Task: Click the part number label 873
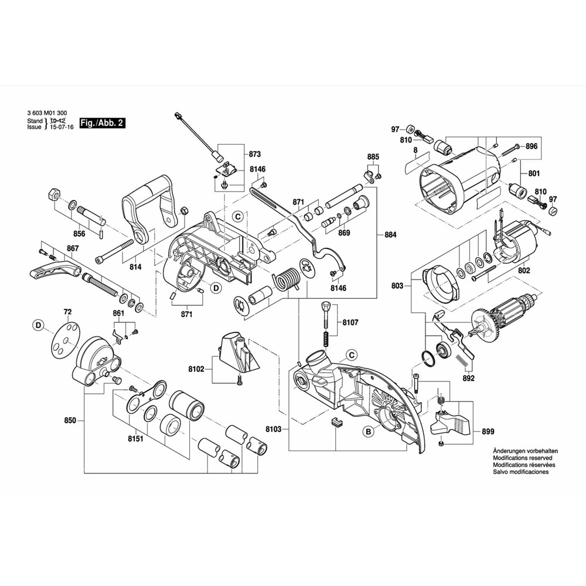[x=254, y=155]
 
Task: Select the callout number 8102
[x=196, y=369]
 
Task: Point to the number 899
[x=488, y=431]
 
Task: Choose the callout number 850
[x=70, y=421]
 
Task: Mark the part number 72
[x=67, y=312]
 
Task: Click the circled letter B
[x=369, y=432]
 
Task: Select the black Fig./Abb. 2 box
[x=103, y=123]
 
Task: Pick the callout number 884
[x=390, y=235]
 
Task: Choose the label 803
[x=397, y=286]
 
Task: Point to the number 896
[x=532, y=146]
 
